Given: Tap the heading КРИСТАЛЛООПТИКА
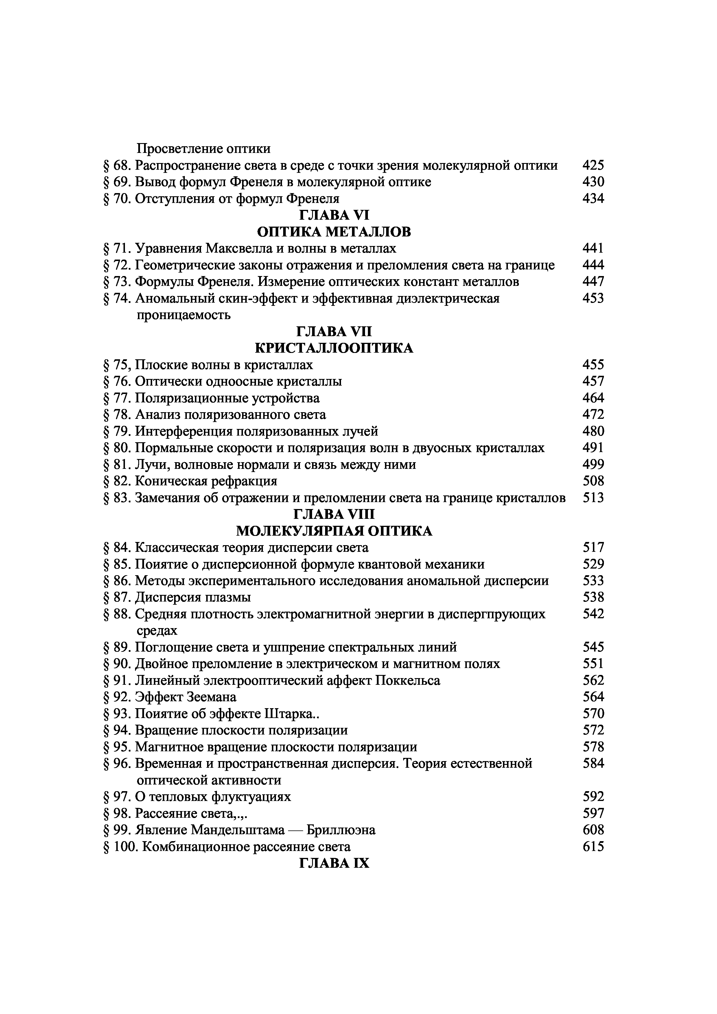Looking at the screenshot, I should (334, 348).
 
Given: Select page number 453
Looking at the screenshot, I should (593, 299).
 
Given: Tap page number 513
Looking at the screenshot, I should (593, 498).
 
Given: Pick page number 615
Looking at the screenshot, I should (593, 847).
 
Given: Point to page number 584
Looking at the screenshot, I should (593, 764).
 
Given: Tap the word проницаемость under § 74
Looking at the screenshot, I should (183, 315).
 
